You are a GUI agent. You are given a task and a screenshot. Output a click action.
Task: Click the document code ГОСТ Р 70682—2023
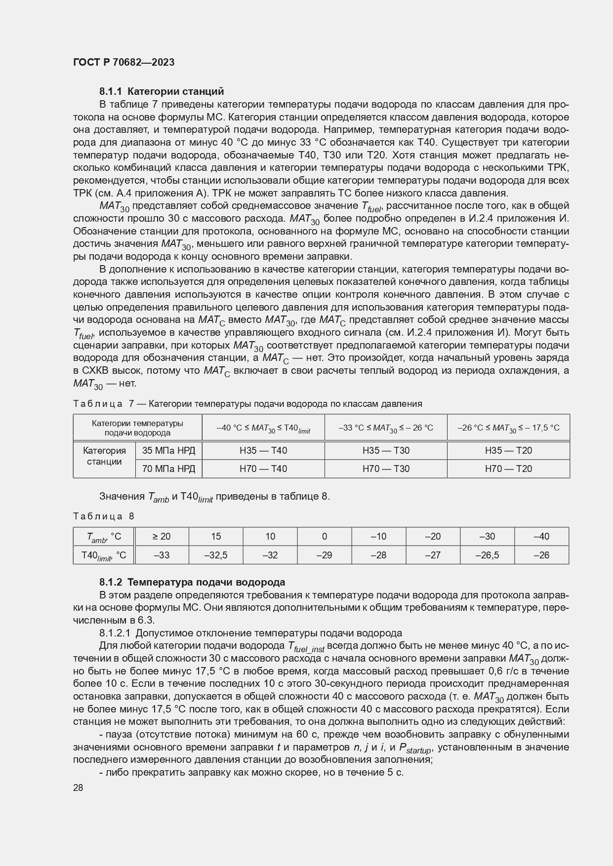pyautogui.click(x=123, y=63)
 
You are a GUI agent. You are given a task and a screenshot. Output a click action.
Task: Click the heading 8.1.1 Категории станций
pyautogui.click(x=162, y=91)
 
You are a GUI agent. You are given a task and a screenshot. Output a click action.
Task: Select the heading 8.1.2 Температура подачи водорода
pyautogui.click(x=192, y=582)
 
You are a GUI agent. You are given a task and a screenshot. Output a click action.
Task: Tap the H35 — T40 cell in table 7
pyautogui.click(x=263, y=450)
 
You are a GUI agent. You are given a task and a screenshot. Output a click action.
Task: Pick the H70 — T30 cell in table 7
pyautogui.click(x=385, y=469)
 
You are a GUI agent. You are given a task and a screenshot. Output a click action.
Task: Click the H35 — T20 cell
pyautogui.click(x=508, y=450)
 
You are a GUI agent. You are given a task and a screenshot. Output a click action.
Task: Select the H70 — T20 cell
pyautogui.click(x=508, y=469)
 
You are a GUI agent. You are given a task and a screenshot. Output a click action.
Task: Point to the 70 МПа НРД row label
pyautogui.click(x=168, y=469)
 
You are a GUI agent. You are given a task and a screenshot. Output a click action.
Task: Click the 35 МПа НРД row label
pyautogui.click(x=168, y=450)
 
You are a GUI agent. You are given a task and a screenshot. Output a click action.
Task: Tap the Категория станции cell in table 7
pyautogui.click(x=104, y=456)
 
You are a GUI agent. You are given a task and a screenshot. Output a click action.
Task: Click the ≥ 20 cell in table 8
pyautogui.click(x=162, y=536)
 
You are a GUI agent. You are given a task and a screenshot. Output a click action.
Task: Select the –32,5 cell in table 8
pyautogui.click(x=216, y=555)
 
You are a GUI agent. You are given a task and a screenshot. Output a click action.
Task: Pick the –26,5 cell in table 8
pyautogui.click(x=487, y=555)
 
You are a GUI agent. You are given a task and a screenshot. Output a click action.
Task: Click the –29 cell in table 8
pyautogui.click(x=324, y=555)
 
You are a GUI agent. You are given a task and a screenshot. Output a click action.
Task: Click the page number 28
pyautogui.click(x=78, y=787)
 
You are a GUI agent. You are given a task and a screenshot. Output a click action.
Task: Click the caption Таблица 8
pyautogui.click(x=104, y=516)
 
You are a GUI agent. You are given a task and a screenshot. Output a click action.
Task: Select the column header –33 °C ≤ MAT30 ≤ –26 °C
pyautogui.click(x=385, y=428)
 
